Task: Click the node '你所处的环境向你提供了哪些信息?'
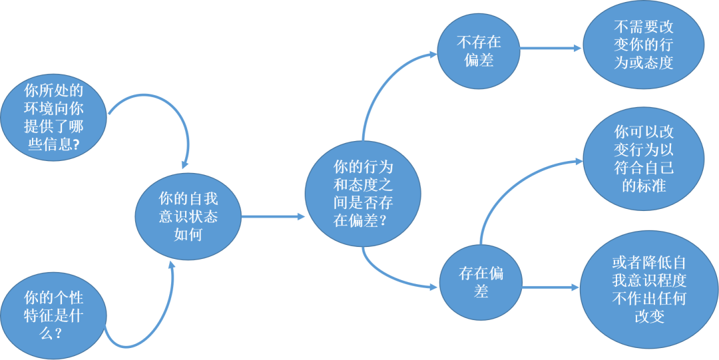pos(53,117)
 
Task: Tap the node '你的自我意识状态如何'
pos(188,217)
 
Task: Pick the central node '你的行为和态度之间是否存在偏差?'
pos(363,193)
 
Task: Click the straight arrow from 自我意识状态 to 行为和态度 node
pos(273,216)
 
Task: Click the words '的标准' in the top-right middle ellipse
pos(643,186)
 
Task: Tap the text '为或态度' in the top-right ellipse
pos(643,64)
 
